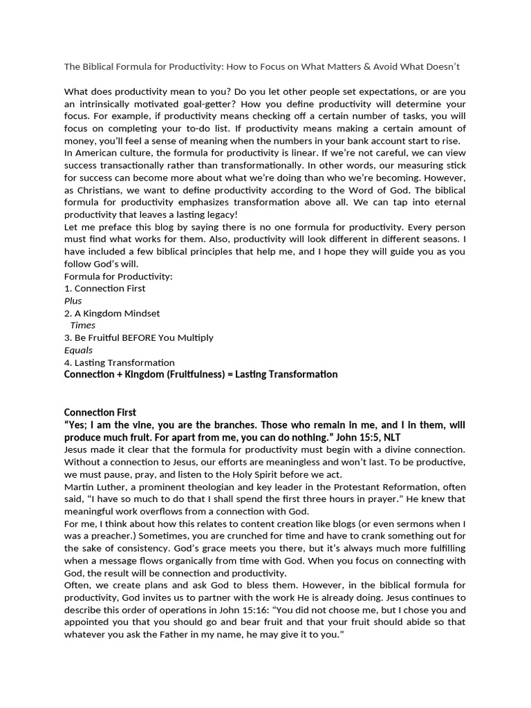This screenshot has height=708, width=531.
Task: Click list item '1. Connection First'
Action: [104, 288]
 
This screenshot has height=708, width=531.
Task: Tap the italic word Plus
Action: [73, 301]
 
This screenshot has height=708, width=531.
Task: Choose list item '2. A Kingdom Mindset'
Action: [111, 313]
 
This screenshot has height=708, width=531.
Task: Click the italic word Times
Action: [83, 325]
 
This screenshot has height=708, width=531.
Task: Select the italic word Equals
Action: [78, 350]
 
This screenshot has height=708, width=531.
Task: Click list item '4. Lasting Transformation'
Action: [119, 362]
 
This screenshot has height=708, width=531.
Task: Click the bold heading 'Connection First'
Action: [100, 412]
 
